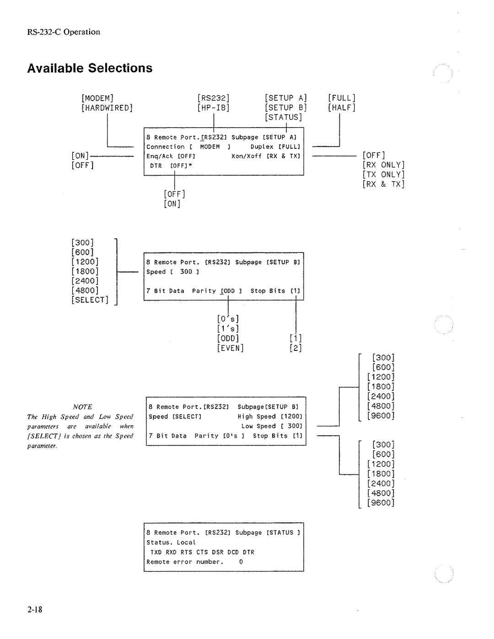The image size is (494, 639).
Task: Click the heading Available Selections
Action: pyautogui.click(x=90, y=68)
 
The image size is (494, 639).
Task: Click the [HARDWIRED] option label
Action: pyautogui.click(x=107, y=108)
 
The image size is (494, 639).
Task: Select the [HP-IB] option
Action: pyautogui.click(x=213, y=108)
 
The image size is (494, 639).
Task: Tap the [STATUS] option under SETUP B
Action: pyautogui.click(x=284, y=118)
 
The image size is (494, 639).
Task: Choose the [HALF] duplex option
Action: pyautogui.click(x=342, y=108)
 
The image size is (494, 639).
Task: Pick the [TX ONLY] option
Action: pyautogui.click(x=384, y=175)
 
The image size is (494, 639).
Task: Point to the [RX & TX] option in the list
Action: pyautogui.click(x=384, y=184)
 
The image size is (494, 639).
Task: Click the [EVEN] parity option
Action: pyautogui.click(x=231, y=348)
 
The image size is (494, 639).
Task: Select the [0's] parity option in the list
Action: pyautogui.click(x=228, y=319)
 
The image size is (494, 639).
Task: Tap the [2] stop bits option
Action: pyautogui.click(x=295, y=348)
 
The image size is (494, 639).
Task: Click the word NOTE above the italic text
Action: pyautogui.click(x=82, y=407)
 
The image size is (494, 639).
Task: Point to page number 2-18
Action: pyautogui.click(x=35, y=610)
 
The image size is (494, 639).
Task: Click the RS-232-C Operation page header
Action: pyautogui.click(x=64, y=32)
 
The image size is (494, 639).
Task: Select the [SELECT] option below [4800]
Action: pyautogui.click(x=90, y=300)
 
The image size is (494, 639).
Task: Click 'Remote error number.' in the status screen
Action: pyautogui.click(x=185, y=562)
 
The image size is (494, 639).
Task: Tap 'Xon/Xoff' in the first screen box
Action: pyautogui.click(x=247, y=156)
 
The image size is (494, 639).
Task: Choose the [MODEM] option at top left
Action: pyautogui.click(x=98, y=98)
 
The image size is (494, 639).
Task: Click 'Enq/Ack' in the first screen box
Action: pyautogui.click(x=160, y=156)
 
